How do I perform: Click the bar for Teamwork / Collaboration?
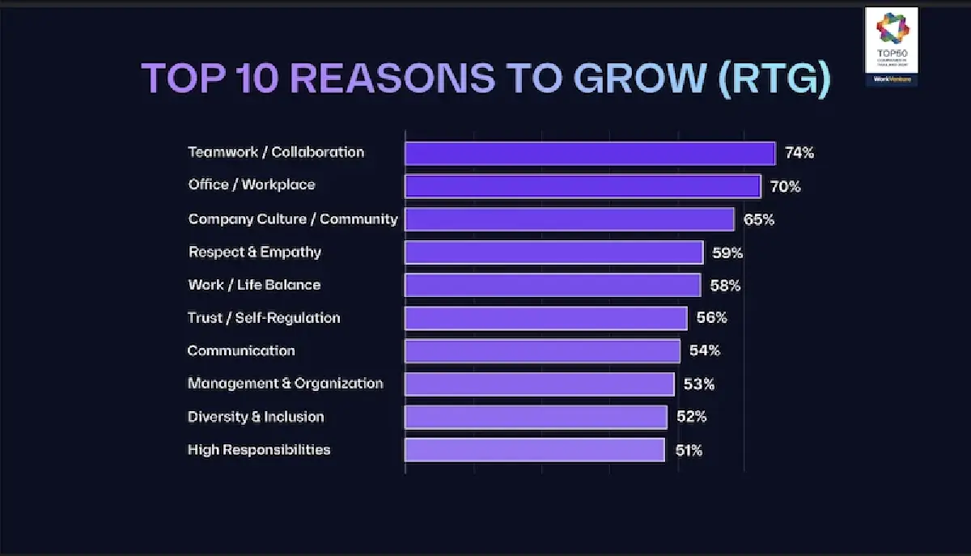click(x=590, y=153)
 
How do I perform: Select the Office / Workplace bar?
click(x=583, y=186)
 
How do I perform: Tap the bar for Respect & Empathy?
click(x=553, y=253)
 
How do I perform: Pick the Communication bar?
click(x=542, y=350)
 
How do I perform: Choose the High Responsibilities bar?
click(x=534, y=449)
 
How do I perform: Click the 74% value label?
click(x=799, y=153)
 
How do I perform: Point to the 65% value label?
click(x=759, y=219)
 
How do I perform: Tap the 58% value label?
click(x=726, y=286)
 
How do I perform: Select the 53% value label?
click(x=699, y=384)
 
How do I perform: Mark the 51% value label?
click(x=689, y=450)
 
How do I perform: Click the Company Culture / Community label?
click(x=293, y=219)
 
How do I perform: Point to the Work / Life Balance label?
click(x=254, y=285)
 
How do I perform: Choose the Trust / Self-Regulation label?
click(x=264, y=318)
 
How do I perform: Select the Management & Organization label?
click(x=286, y=384)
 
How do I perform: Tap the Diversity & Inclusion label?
click(x=256, y=417)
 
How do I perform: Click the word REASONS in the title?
click(x=392, y=79)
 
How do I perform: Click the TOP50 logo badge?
click(x=891, y=46)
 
